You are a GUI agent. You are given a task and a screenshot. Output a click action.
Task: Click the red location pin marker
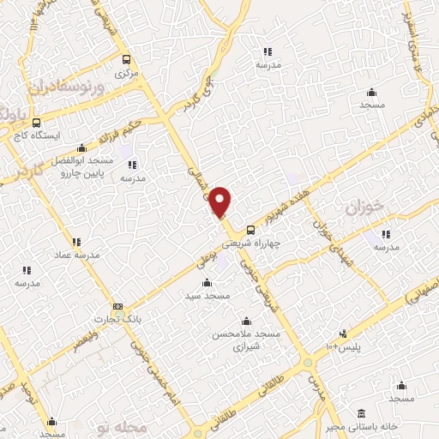(x=221, y=201)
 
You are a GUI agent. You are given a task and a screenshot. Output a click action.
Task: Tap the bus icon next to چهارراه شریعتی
(x=250, y=230)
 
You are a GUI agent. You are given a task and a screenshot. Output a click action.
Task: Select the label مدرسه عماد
(x=77, y=256)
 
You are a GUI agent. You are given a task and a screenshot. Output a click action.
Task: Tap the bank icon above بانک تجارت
(x=117, y=306)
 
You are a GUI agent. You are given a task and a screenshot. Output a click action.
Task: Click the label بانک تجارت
(x=120, y=319)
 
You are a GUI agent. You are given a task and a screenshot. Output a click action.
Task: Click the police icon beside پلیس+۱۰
(x=343, y=334)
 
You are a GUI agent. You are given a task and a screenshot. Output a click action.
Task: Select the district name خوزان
(x=362, y=207)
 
